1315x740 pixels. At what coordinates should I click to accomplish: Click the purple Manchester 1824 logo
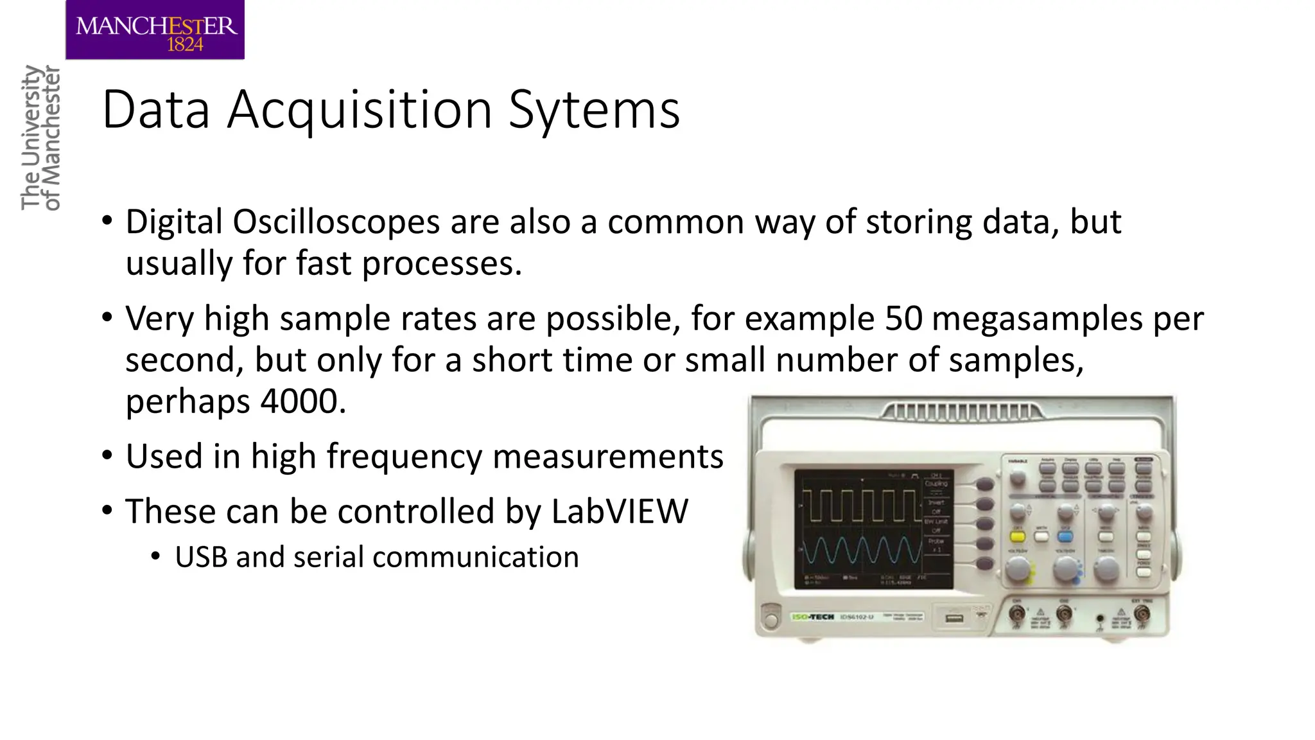(155, 30)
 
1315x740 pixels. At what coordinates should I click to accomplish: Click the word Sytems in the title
(594, 110)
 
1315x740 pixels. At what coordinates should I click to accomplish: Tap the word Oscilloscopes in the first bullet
(336, 222)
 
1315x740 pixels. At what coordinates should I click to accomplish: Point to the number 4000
(299, 401)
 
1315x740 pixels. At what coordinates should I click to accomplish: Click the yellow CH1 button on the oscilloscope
(1018, 535)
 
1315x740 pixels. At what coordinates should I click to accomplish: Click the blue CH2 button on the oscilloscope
(1065, 535)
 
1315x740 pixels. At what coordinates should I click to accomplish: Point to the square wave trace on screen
(860, 505)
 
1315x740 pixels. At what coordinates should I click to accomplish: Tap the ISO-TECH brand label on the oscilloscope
(814, 617)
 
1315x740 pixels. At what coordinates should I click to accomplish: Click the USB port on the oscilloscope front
(954, 618)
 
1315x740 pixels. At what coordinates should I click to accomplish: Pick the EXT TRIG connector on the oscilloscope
(1142, 614)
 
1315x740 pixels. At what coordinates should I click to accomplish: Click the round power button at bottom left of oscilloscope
(770, 620)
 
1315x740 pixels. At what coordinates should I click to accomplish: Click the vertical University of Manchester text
(40, 137)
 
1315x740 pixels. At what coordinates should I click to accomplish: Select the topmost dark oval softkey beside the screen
(984, 484)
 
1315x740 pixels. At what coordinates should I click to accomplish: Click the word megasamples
(1037, 319)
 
